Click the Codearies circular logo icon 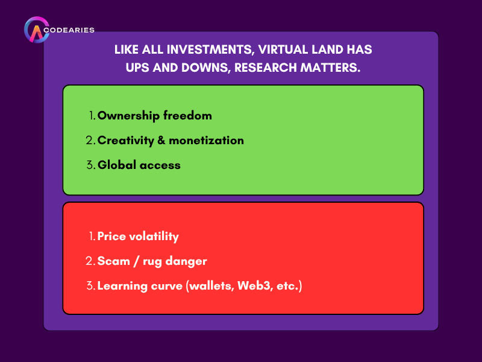tap(36, 31)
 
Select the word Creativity tap(126, 141)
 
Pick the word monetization tap(206, 141)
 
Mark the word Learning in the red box tap(122, 286)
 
